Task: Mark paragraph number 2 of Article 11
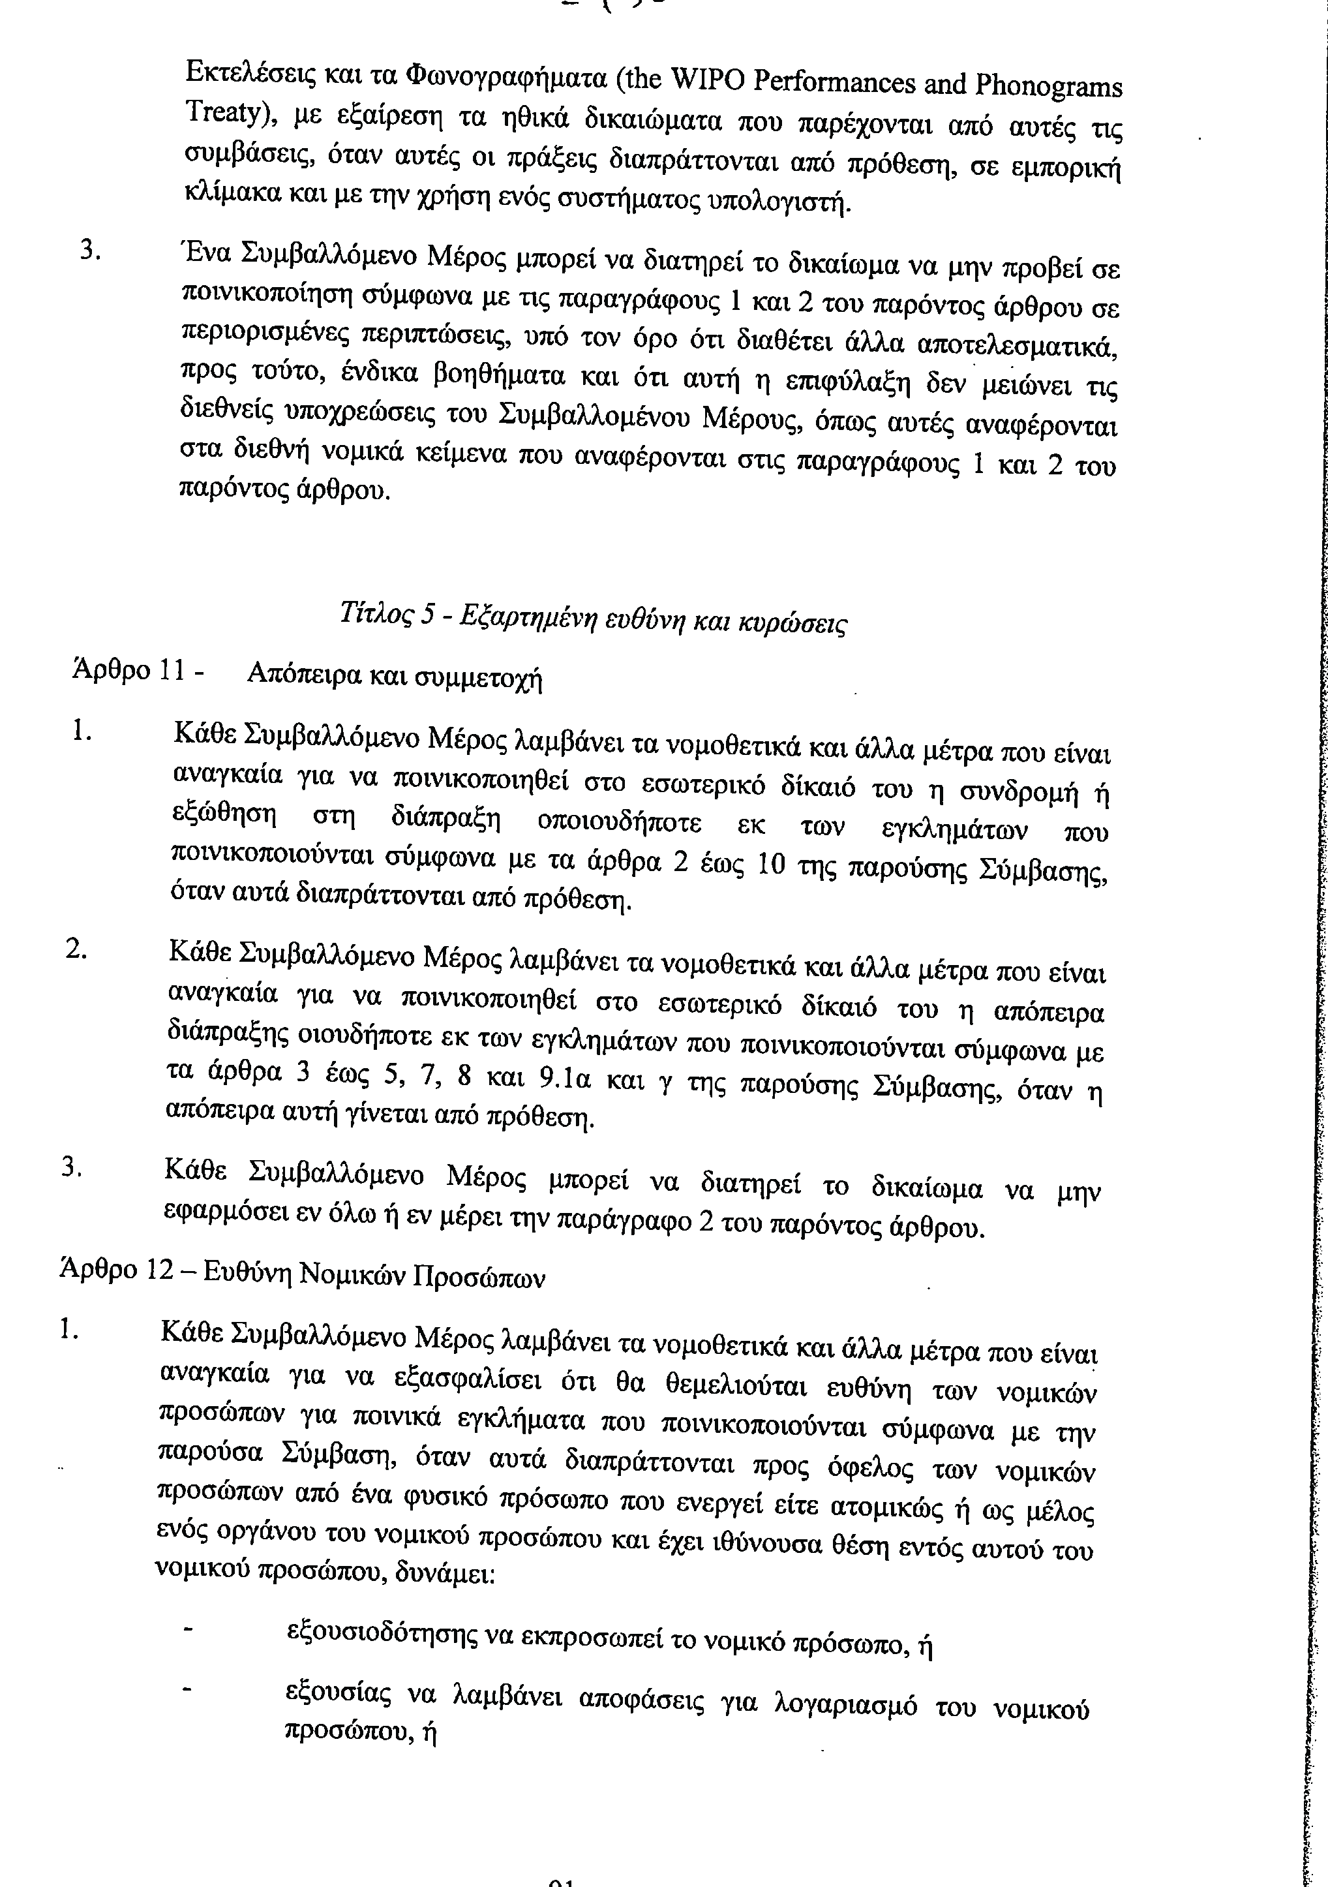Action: (76, 947)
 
